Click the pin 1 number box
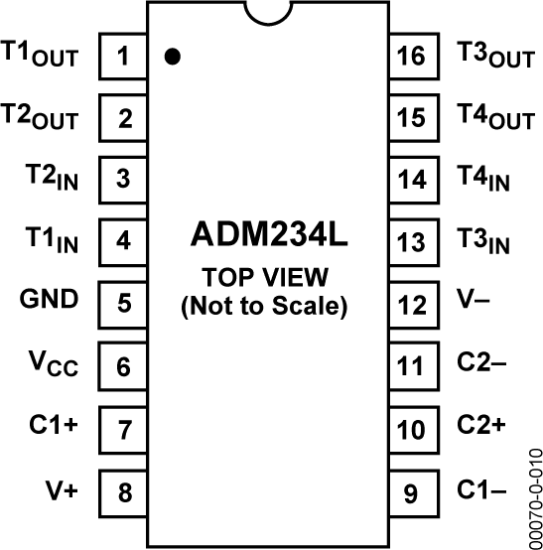123,56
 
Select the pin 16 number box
410,56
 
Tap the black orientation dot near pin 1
173,57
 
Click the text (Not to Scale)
265,307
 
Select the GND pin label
50,299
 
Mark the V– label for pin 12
474,299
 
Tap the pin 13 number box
410,240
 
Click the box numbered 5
123,302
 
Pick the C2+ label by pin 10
480,424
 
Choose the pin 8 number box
123,490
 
